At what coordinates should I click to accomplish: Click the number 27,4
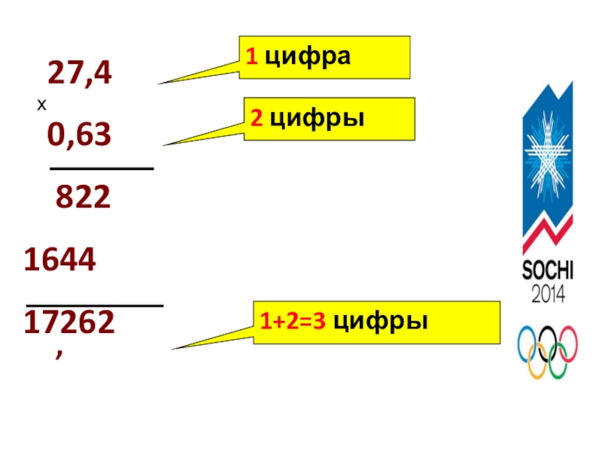point(80,74)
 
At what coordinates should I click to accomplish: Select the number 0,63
point(79,136)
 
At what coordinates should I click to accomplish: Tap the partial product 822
point(83,198)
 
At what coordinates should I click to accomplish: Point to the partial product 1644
point(59,260)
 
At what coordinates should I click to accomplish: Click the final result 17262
point(69,322)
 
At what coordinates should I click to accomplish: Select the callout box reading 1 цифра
point(324,57)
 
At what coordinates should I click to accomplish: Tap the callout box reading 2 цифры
point(329,119)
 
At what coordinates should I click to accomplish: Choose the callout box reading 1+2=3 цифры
point(376,322)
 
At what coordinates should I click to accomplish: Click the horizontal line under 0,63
point(102,169)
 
